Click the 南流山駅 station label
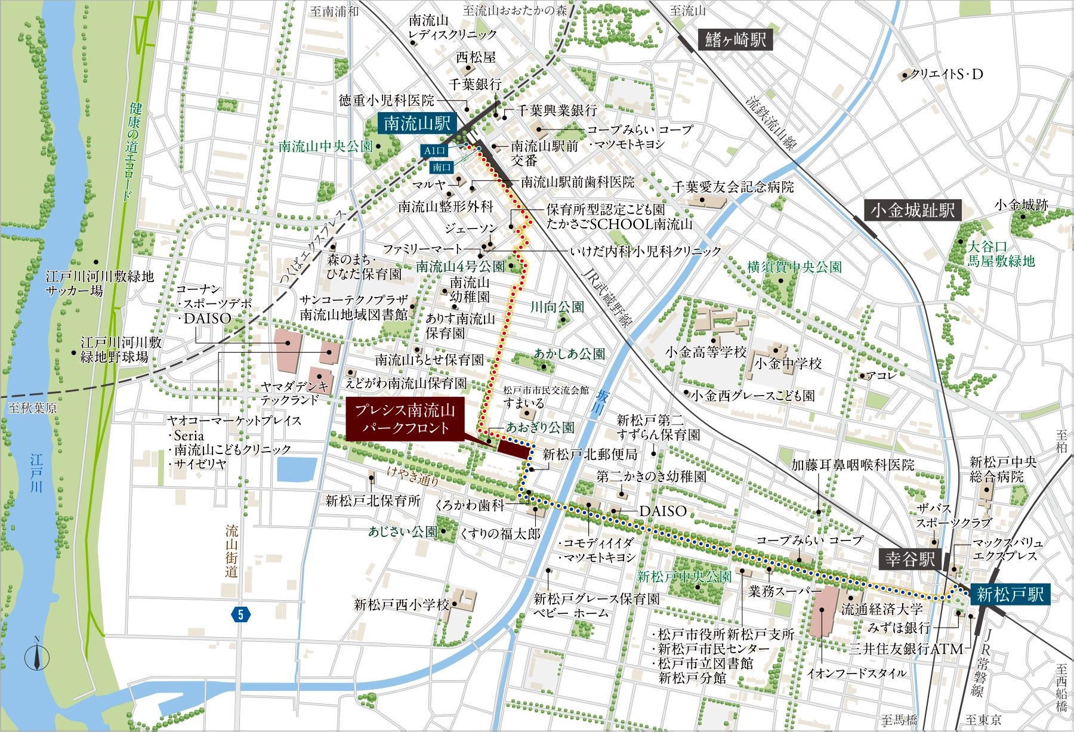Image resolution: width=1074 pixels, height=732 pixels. pyautogui.click(x=416, y=123)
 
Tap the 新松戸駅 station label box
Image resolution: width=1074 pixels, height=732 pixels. pyautogui.click(x=1010, y=594)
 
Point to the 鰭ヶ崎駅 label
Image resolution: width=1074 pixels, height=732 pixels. pyautogui.click(x=735, y=39)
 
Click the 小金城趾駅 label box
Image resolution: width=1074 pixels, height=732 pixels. pyautogui.click(x=912, y=210)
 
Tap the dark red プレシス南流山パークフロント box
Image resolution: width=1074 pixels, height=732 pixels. pyautogui.click(x=405, y=419)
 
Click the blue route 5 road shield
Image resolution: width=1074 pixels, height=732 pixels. pyautogui.click(x=240, y=614)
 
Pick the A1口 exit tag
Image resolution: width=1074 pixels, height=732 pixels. pyautogui.click(x=434, y=151)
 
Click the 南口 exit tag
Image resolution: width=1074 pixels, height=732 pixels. pyautogui.click(x=442, y=167)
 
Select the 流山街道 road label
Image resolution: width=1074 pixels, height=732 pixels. pyautogui.click(x=232, y=551)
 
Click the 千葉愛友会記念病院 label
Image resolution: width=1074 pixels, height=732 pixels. pyautogui.click(x=733, y=187)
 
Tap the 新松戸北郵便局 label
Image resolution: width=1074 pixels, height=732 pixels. pyautogui.click(x=590, y=455)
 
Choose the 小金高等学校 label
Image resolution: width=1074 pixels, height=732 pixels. pyautogui.click(x=706, y=352)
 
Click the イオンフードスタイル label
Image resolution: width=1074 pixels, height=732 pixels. pyautogui.click(x=857, y=674)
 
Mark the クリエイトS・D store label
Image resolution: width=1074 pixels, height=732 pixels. pyautogui.click(x=946, y=75)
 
